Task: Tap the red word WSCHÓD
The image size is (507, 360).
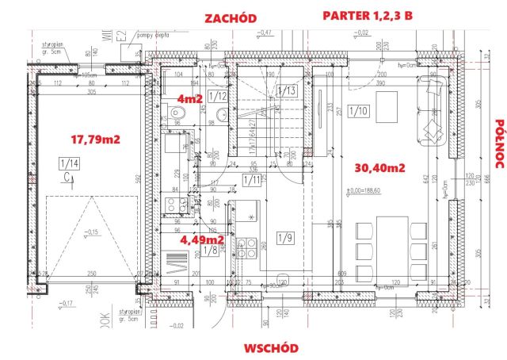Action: [270, 347]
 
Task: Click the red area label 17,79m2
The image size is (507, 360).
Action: [95, 139]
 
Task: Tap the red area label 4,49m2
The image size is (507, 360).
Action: [201, 238]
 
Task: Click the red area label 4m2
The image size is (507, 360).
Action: [191, 99]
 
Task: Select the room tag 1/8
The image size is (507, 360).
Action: [211, 251]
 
